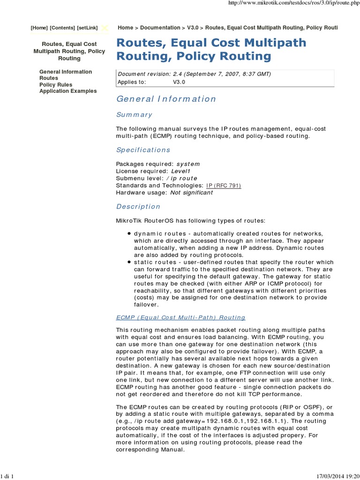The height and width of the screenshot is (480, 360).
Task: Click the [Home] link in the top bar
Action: (39, 28)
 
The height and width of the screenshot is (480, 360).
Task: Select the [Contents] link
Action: (62, 28)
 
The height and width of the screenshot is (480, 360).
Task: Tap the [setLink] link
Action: (87, 28)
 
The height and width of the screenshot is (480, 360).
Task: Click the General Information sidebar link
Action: (66, 72)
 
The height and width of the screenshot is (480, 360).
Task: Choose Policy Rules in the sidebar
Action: (56, 85)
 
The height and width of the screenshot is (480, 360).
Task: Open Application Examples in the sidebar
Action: (68, 91)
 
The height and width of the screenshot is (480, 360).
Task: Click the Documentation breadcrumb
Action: (160, 28)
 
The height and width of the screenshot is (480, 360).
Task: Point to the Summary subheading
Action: (134, 114)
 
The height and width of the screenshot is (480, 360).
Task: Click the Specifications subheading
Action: (143, 150)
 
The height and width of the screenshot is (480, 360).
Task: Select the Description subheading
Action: (138, 206)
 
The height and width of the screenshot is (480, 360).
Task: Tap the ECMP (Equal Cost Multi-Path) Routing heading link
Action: (180, 317)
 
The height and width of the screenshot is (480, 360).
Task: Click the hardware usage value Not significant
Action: (191, 193)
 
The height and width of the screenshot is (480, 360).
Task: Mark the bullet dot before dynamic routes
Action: (129, 233)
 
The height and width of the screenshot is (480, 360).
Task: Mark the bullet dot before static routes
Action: (129, 262)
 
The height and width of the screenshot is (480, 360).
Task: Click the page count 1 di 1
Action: (8, 476)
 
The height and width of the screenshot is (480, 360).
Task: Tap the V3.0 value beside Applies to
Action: (179, 82)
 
